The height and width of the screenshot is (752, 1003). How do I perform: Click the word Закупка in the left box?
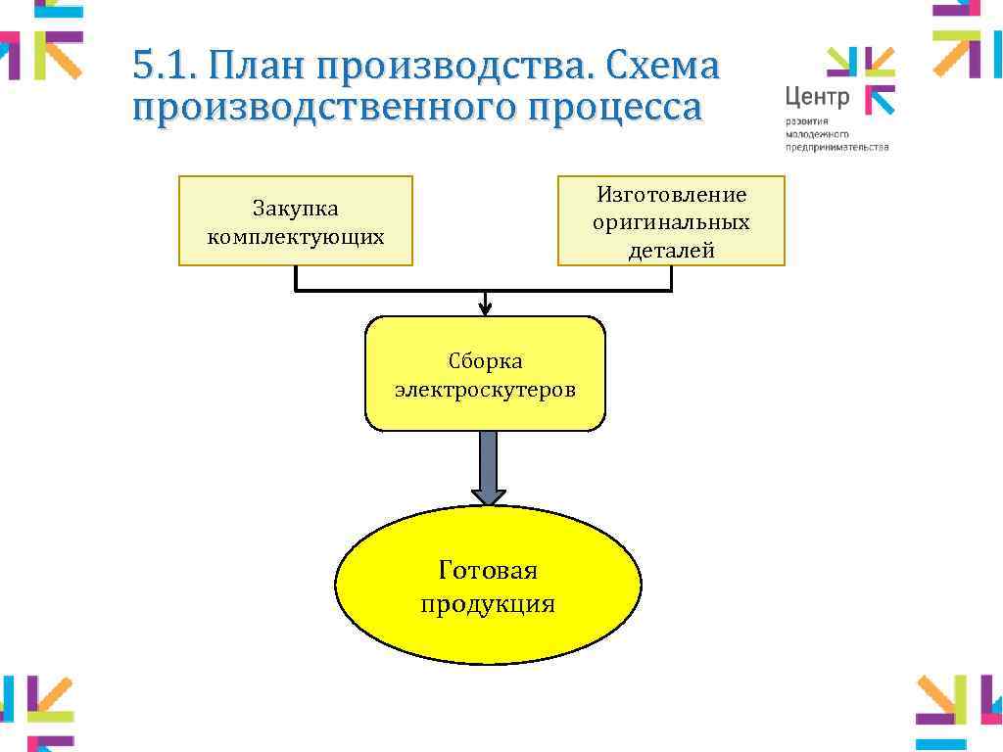click(295, 208)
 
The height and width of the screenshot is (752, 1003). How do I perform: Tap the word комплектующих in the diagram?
click(295, 236)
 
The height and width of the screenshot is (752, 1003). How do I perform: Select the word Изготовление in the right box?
click(671, 195)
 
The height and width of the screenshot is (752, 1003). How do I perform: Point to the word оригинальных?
click(671, 222)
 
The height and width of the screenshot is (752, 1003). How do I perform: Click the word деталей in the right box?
click(671, 250)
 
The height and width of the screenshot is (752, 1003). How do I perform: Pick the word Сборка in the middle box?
click(486, 361)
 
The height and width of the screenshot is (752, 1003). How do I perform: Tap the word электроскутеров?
click(486, 390)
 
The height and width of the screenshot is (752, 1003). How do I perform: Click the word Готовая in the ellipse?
click(488, 570)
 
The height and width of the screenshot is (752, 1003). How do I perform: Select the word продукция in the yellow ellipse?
click(488, 603)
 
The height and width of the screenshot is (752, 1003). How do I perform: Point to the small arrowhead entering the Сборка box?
click(485, 308)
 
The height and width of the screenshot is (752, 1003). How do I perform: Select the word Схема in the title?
click(663, 68)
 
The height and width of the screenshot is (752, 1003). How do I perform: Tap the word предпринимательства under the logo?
click(836, 146)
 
